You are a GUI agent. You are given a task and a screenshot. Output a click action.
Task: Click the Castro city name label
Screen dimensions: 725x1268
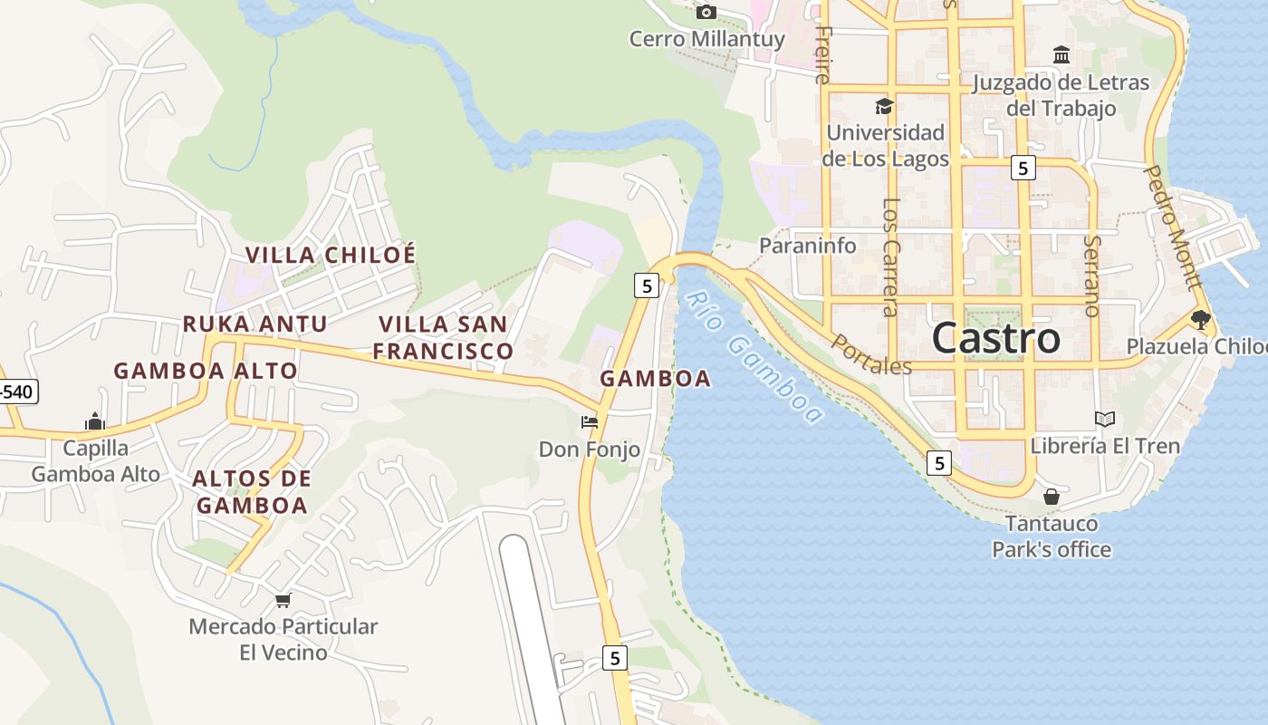click(995, 339)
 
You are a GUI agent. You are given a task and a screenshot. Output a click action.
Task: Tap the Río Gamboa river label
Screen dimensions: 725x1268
click(753, 357)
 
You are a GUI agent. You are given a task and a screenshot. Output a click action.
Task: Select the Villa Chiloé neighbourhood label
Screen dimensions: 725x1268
click(331, 255)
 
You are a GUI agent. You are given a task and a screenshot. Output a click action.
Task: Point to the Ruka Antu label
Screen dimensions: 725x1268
click(255, 324)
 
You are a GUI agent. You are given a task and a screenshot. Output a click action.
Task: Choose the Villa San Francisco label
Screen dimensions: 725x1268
click(444, 337)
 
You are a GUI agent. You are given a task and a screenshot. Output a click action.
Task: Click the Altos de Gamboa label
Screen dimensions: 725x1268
click(253, 492)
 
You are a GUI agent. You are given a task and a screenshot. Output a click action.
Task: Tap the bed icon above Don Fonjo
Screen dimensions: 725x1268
click(590, 421)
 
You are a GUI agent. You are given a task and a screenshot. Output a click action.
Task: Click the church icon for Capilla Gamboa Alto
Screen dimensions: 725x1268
click(95, 421)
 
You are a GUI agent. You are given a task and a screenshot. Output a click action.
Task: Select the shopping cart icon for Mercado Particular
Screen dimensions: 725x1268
click(283, 600)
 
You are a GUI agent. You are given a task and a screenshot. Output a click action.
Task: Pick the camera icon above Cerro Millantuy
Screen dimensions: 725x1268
click(706, 12)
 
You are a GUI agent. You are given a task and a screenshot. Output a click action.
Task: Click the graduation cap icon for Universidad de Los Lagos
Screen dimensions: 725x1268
click(884, 106)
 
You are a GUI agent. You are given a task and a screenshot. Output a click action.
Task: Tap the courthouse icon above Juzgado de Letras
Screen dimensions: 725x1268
click(1061, 55)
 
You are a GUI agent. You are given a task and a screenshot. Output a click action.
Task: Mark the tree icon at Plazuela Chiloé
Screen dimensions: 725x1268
click(1201, 319)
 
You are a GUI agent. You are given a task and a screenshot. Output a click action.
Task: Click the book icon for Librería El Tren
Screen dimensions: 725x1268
click(1104, 419)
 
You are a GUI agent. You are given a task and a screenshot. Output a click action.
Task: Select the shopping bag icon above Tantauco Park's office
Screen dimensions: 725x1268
click(1052, 497)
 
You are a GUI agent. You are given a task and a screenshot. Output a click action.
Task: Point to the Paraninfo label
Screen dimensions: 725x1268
click(807, 246)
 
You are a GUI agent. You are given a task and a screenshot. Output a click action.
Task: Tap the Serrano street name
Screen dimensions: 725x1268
click(1091, 275)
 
